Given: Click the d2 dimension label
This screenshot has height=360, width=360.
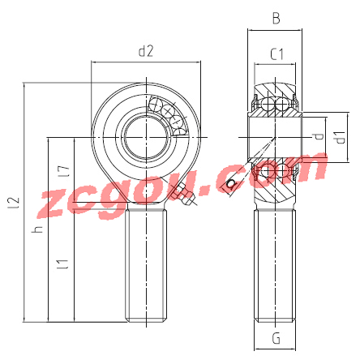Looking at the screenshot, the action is (x=146, y=51).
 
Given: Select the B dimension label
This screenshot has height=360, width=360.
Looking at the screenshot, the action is (x=276, y=19).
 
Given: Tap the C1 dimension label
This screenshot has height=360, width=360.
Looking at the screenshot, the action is (x=276, y=54).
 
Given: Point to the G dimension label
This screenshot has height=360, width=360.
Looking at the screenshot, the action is (x=276, y=338).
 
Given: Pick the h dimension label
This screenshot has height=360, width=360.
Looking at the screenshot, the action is (x=37, y=229).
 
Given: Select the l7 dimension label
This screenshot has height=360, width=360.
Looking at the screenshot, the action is (x=64, y=171).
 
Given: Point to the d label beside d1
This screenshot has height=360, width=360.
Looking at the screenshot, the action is (x=319, y=136).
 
